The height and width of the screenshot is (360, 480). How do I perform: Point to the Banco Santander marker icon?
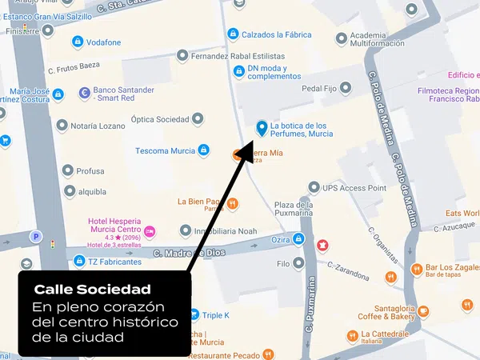click(x=84, y=94)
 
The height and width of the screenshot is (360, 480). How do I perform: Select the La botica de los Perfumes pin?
click(x=261, y=127)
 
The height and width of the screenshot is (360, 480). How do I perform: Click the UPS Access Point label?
click(x=354, y=188)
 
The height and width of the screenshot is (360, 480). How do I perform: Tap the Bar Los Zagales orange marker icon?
click(x=416, y=269)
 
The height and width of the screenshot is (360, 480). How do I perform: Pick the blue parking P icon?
click(x=35, y=237)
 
